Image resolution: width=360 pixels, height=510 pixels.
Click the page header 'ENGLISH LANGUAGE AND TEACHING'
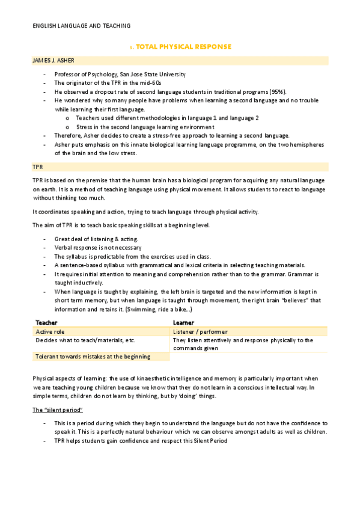pyautogui.click(x=81, y=26)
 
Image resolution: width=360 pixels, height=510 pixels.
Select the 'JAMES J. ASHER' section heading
pyautogui.click(x=53, y=61)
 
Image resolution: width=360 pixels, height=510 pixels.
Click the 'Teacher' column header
pyautogui.click(x=47, y=323)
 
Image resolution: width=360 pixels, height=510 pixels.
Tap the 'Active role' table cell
pyautogui.click(x=50, y=331)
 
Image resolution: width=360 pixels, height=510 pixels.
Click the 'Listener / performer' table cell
pyautogui.click(x=200, y=331)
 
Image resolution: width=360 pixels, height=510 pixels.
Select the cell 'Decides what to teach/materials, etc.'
pyautogui.click(x=85, y=340)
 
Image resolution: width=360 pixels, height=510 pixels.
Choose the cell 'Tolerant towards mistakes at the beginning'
pyautogui.click(x=93, y=357)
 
